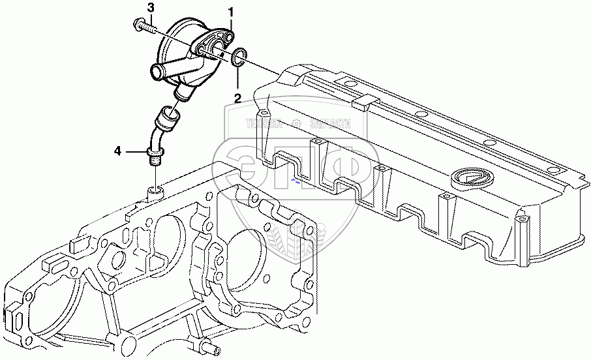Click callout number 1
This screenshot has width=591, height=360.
[230, 11]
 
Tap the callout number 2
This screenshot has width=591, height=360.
[237, 99]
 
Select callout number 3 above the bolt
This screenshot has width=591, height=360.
[151, 8]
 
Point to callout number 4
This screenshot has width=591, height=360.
[117, 151]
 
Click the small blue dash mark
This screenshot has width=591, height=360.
[297, 183]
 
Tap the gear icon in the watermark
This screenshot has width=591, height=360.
[296, 123]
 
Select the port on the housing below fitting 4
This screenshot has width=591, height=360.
[155, 191]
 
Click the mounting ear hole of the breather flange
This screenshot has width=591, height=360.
[228, 38]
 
